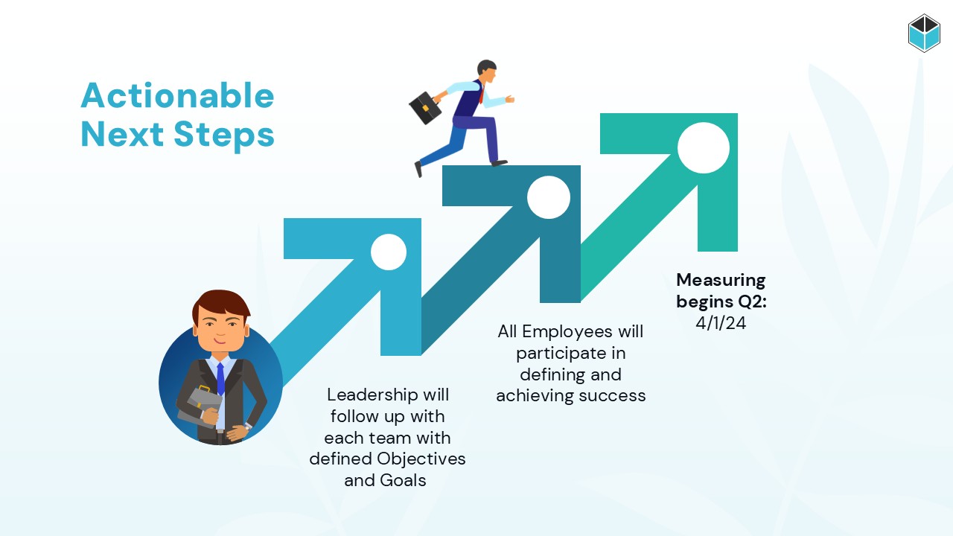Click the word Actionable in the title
(x=177, y=95)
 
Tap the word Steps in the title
(x=224, y=135)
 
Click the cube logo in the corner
(x=924, y=33)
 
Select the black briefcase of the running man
(x=425, y=108)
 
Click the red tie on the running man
(x=482, y=95)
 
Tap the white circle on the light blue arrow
(x=389, y=252)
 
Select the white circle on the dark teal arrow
(x=549, y=197)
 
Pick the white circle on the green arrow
(x=704, y=147)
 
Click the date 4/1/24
(x=721, y=323)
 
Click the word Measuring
(x=721, y=281)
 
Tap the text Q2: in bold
(x=752, y=302)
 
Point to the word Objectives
(x=421, y=459)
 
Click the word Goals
(x=403, y=480)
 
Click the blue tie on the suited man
(x=220, y=380)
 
